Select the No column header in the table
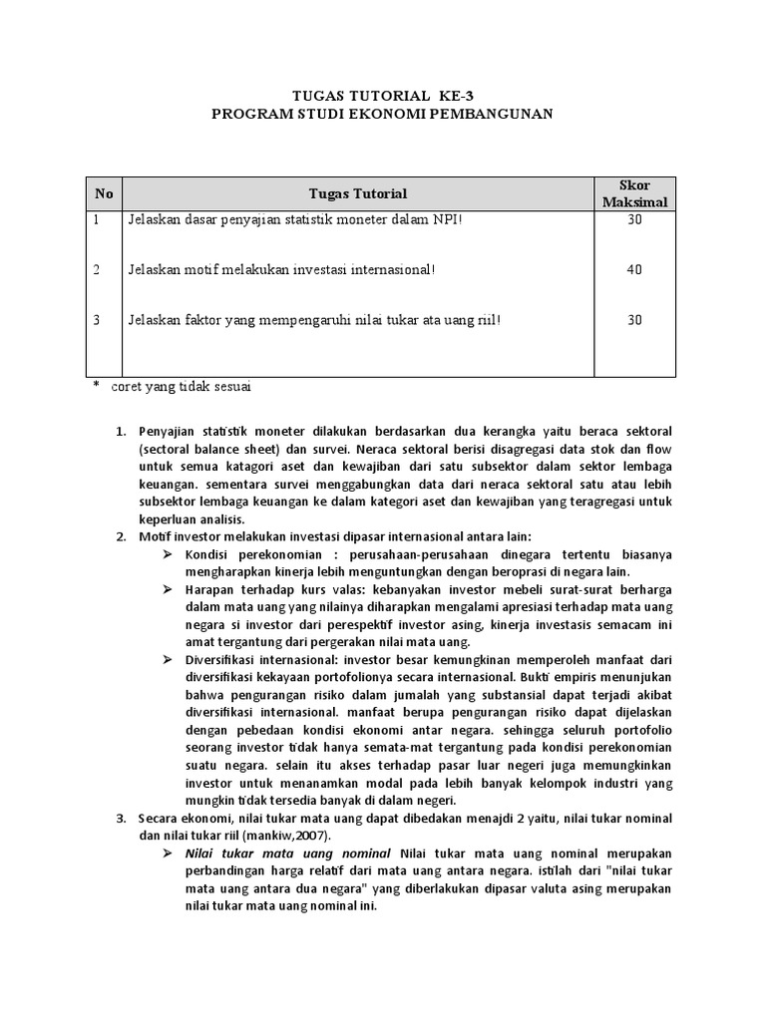pyautogui.click(x=104, y=193)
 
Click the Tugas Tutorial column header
pyautogui.click(x=358, y=193)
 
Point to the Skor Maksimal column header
pyautogui.click(x=634, y=194)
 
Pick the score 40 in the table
pyautogui.click(x=634, y=270)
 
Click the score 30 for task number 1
pyautogui.click(x=634, y=219)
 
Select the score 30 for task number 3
pyautogui.click(x=634, y=320)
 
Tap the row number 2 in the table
pyautogui.click(x=98, y=270)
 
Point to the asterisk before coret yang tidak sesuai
pyautogui.click(x=97, y=386)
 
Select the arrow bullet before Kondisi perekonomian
pyautogui.click(x=169, y=554)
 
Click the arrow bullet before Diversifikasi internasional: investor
pyautogui.click(x=169, y=660)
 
